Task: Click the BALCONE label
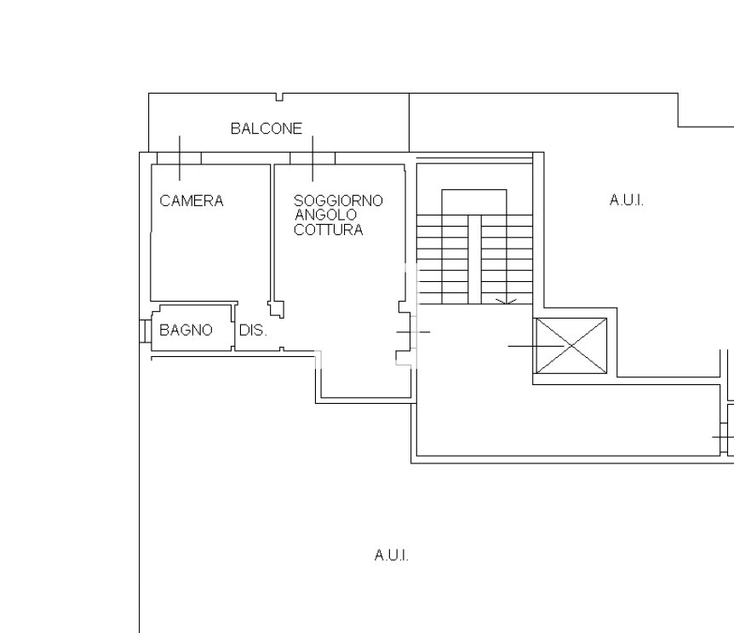pos(267,129)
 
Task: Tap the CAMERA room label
pos(192,201)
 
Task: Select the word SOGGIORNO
pos(338,201)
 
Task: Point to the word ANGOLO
pos(325,215)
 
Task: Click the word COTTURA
pos(328,229)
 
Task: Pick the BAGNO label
pos(186,330)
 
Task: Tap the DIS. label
pos(253,331)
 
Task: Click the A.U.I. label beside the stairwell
pos(627,200)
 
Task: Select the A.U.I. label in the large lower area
pos(392,555)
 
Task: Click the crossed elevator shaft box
pos(571,346)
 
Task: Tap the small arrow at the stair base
pos(506,302)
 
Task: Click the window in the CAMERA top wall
pos(180,158)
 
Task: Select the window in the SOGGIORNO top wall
pos(313,158)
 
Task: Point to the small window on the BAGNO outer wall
pos(145,331)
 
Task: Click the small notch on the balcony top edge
pos(279,97)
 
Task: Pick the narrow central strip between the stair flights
pos(474,259)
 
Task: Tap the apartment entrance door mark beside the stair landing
pos(413,332)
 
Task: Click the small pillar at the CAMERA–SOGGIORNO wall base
pos(276,309)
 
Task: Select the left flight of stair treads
pos(442,259)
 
